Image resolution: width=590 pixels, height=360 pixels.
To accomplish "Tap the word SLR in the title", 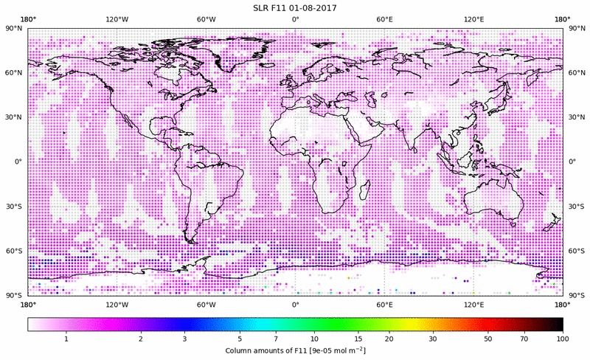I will pyautogui.click(x=263, y=8).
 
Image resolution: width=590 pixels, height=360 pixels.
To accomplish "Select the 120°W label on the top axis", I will pyautogui.click(x=117, y=19).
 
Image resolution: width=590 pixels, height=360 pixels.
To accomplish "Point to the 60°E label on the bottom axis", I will pyautogui.click(x=384, y=304).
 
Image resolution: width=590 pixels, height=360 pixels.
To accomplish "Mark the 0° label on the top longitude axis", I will pyautogui.click(x=295, y=19).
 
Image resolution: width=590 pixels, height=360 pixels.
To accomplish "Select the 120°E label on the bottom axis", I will pyautogui.click(x=473, y=304).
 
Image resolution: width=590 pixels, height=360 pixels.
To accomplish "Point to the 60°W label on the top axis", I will pyautogui.click(x=206, y=19).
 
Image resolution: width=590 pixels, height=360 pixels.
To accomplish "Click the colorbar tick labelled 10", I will pyautogui.click(x=314, y=339).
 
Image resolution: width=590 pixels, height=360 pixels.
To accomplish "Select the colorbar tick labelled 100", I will pyautogui.click(x=562, y=339).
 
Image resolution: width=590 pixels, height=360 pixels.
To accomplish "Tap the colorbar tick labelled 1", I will pyautogui.click(x=66, y=339).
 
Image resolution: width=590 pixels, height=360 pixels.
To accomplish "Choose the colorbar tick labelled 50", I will pyautogui.click(x=488, y=339).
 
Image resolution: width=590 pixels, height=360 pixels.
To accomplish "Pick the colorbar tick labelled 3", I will pyautogui.click(x=184, y=339).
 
